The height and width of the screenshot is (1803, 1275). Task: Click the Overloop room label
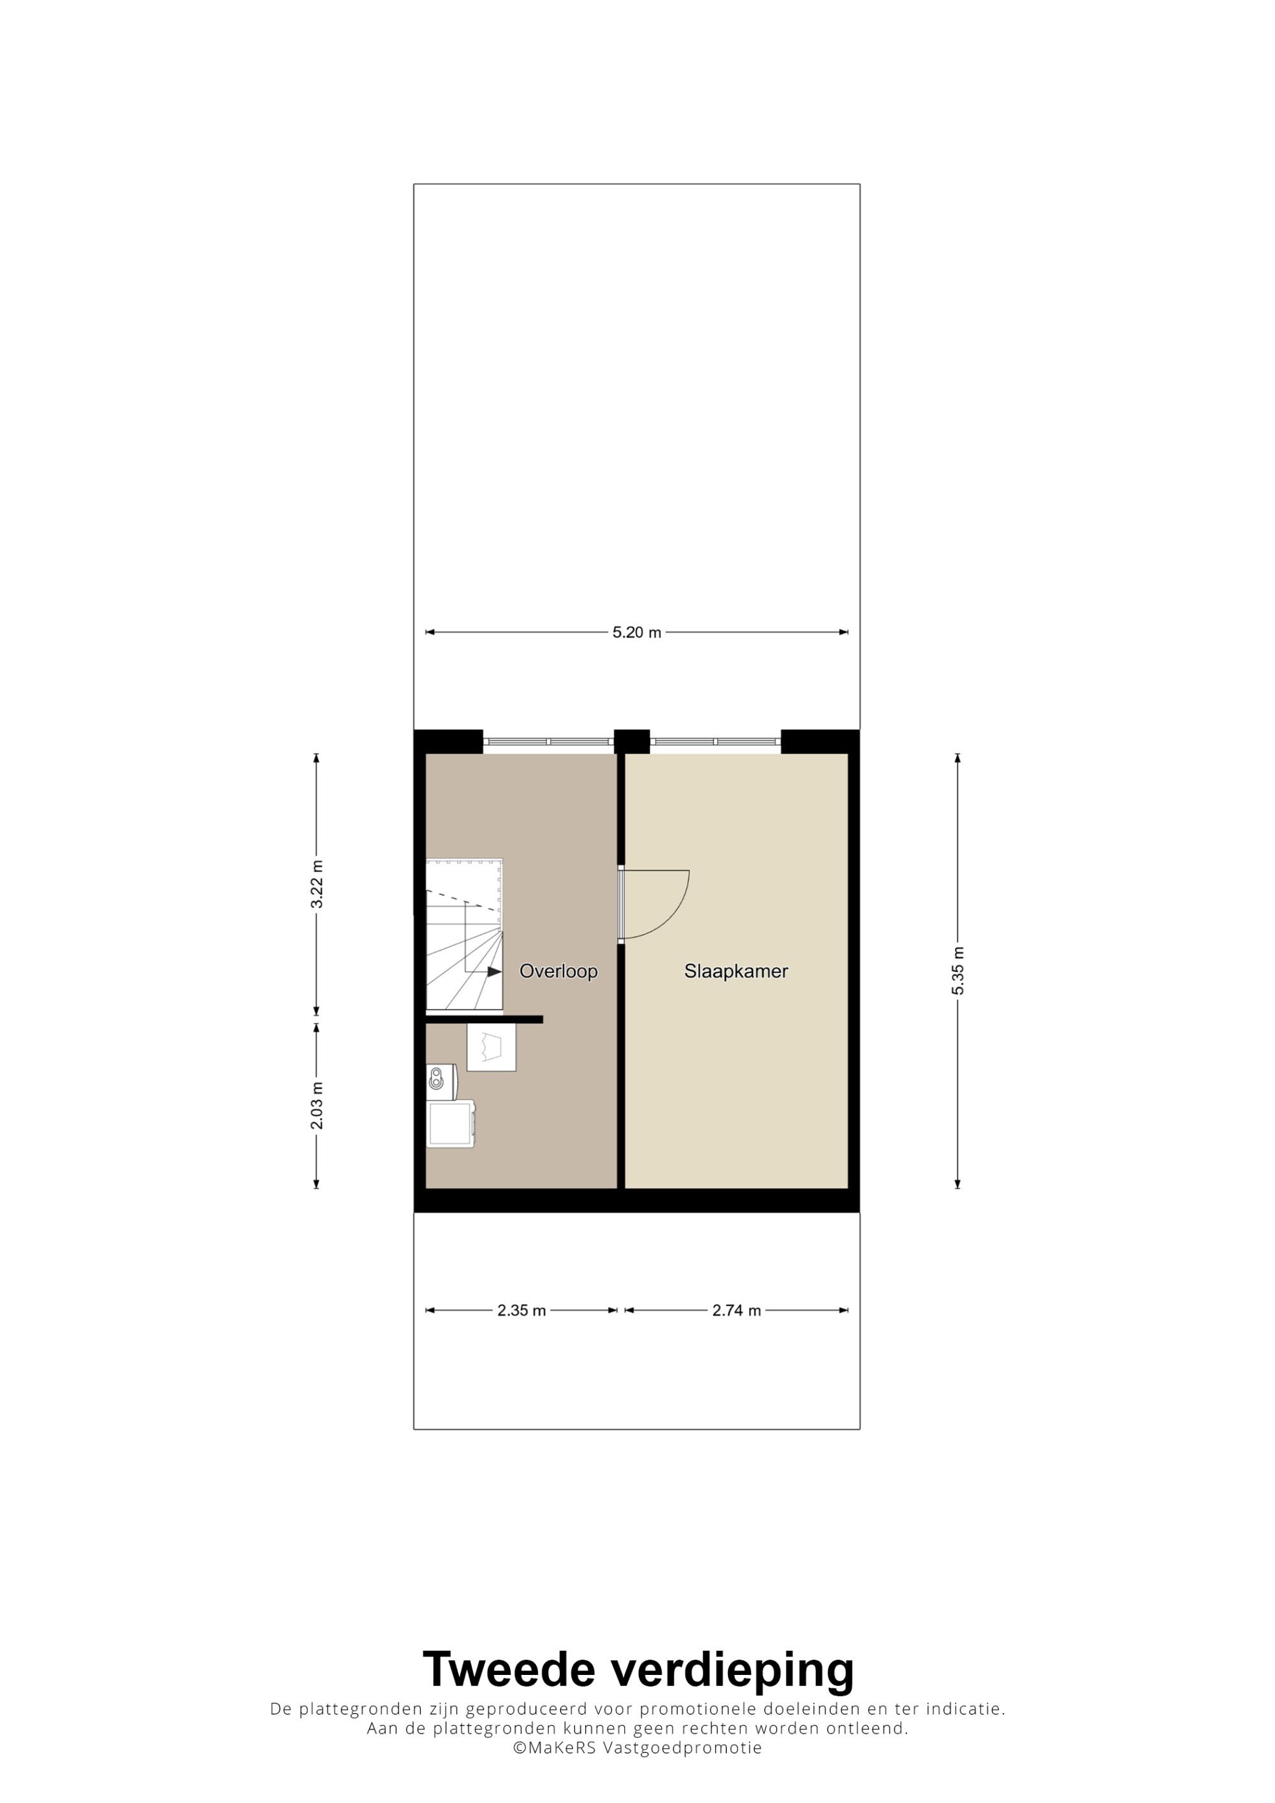coord(558,972)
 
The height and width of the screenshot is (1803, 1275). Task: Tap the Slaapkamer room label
coord(736,972)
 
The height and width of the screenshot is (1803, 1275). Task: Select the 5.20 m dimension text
coord(637,632)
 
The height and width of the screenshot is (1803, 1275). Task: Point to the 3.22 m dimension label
coord(317,884)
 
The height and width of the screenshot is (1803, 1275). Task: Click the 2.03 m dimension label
coord(317,1105)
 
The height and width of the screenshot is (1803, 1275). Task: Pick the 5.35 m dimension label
coord(958,970)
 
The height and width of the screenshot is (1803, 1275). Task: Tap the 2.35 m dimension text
coord(521,1311)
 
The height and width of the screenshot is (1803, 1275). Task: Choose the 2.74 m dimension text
coord(737,1311)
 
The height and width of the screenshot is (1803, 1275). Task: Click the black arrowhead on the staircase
coord(494,972)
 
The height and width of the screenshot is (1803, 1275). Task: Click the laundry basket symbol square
coord(492,1047)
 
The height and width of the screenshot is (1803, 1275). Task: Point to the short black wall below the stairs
coord(484,1019)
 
